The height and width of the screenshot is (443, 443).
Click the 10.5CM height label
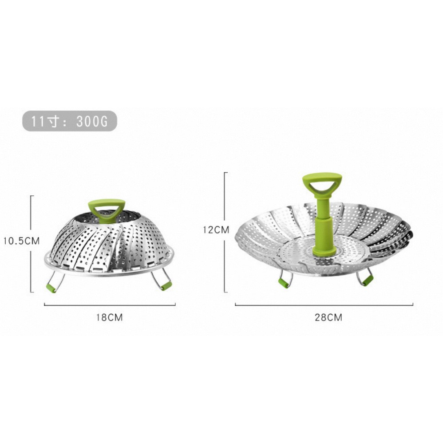(x=21, y=241)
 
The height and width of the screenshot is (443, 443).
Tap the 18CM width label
(x=110, y=317)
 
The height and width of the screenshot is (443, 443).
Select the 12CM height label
(x=216, y=229)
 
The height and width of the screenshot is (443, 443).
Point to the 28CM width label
(x=328, y=317)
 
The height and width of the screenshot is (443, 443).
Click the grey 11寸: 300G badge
(x=70, y=121)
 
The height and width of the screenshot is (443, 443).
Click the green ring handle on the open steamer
(x=322, y=184)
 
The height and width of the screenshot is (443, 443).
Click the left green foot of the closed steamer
(x=51, y=288)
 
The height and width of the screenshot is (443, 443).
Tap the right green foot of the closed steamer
(x=166, y=285)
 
